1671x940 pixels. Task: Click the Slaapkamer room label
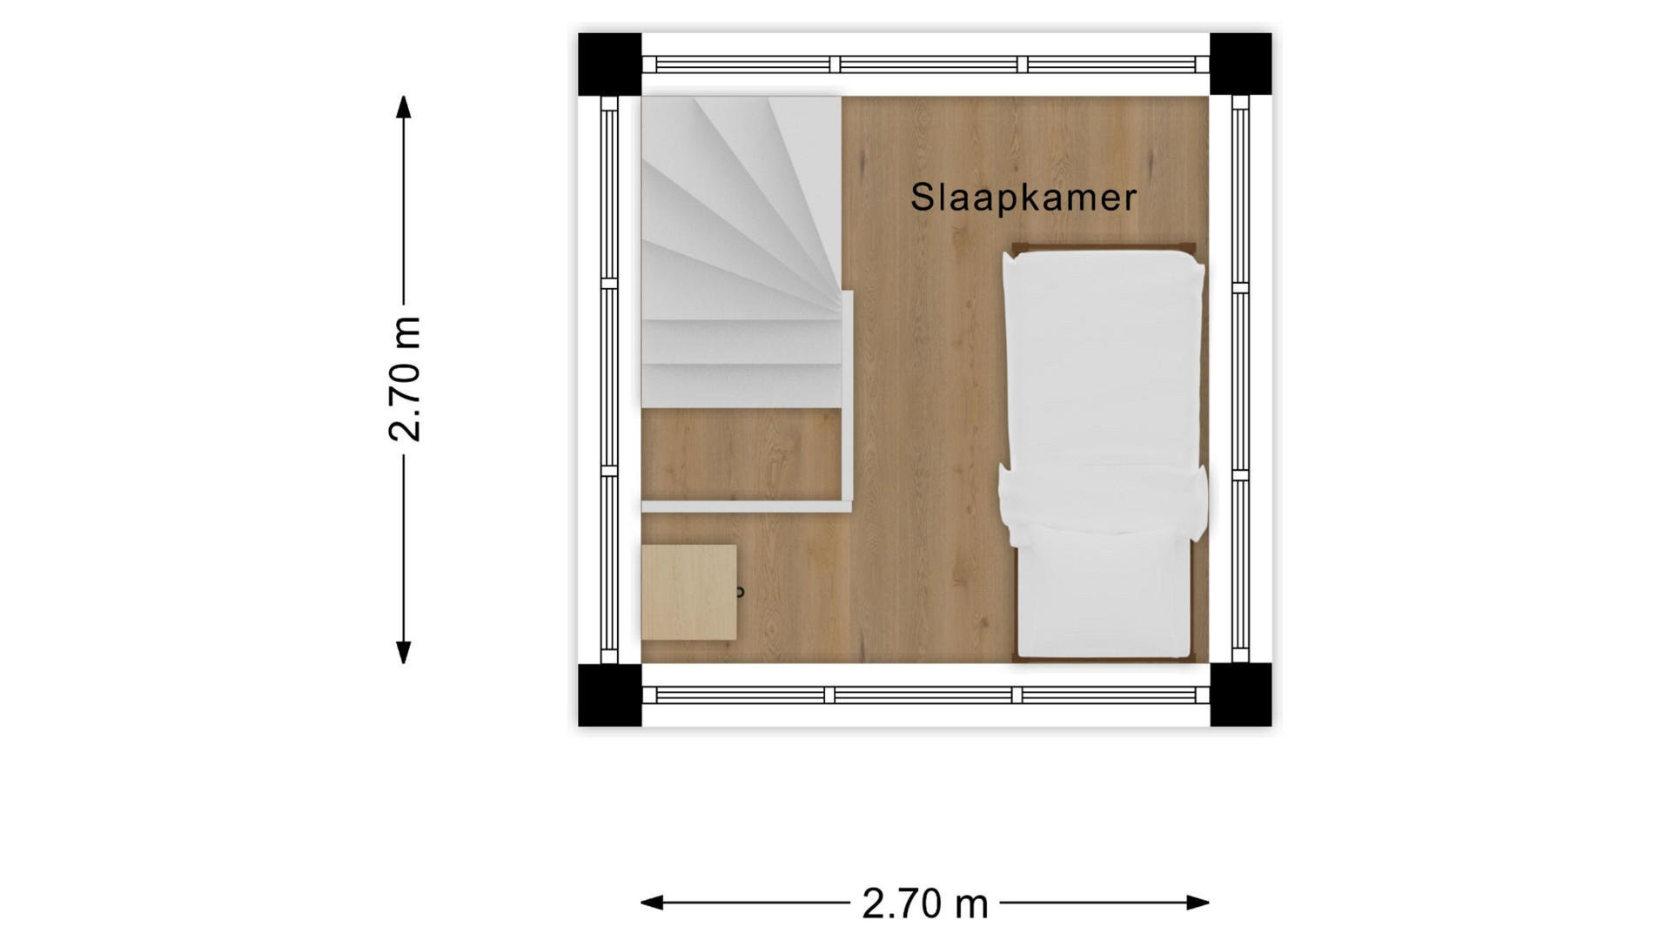coord(1023,198)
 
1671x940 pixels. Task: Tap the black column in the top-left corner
coord(610,64)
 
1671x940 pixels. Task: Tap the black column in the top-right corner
coord(1240,64)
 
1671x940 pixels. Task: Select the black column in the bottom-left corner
coord(610,695)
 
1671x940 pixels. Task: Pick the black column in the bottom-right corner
coord(1240,695)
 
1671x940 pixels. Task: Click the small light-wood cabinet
coord(689,593)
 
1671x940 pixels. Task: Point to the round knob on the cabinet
coord(741,593)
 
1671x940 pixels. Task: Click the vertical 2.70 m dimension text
coord(406,379)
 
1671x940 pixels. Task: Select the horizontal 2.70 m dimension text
coord(925,903)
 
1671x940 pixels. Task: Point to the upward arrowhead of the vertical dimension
coord(403,106)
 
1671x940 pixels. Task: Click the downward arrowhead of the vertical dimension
coord(403,653)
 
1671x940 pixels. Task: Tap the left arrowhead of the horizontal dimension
coord(652,903)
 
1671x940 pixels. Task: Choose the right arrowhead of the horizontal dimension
coord(1198,903)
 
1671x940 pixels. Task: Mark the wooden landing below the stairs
coord(742,453)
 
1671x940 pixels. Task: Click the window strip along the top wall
coord(925,64)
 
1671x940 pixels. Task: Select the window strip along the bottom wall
coord(925,695)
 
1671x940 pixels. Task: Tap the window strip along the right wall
coord(1240,379)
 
